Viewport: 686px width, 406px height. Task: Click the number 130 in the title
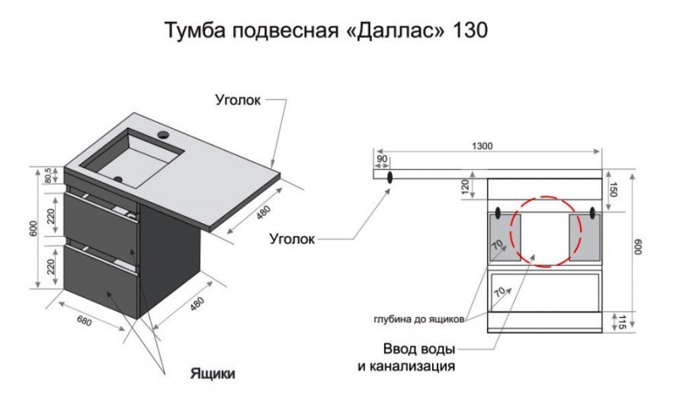point(470,31)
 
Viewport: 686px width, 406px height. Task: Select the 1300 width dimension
point(482,145)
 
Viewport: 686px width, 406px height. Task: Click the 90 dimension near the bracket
point(382,159)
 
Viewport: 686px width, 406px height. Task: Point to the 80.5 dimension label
point(48,176)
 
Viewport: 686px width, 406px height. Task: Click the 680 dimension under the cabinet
point(84,321)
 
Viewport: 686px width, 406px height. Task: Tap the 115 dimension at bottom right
point(620,323)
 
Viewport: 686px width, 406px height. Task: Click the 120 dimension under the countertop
point(466,187)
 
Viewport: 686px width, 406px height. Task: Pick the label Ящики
point(212,373)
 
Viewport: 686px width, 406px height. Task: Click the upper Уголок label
point(238,100)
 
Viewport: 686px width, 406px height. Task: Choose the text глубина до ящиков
point(419,320)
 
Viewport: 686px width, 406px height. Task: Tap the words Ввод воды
point(419,349)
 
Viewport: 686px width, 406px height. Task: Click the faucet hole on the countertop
point(164,134)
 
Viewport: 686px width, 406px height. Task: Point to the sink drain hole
point(117,178)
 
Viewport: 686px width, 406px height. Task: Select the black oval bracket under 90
point(389,177)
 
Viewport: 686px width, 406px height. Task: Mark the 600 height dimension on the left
point(34,228)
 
